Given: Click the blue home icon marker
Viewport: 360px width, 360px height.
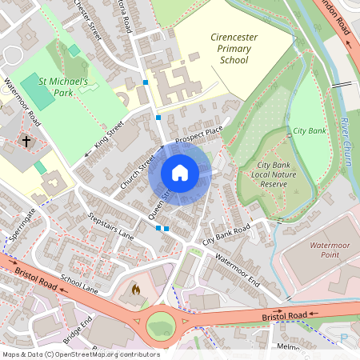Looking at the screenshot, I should (180, 173).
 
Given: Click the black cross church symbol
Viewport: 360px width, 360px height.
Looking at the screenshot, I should (26, 142).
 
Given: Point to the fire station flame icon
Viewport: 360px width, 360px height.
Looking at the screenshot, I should (135, 289).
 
